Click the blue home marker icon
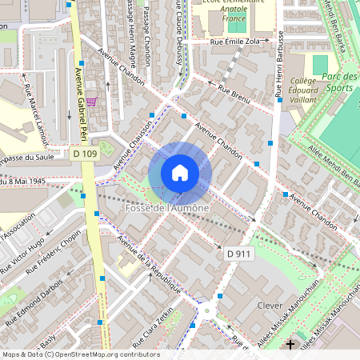pyautogui.click(x=180, y=173)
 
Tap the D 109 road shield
pyautogui.click(x=84, y=153)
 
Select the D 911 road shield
pyautogui.click(x=238, y=254)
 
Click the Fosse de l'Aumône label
pyautogui.click(x=167, y=208)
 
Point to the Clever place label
pyautogui.click(x=270, y=305)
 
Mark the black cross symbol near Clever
pyautogui.click(x=290, y=344)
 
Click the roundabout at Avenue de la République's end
pyautogui.click(x=210, y=311)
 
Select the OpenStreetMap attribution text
pyautogui.click(x=80, y=354)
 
